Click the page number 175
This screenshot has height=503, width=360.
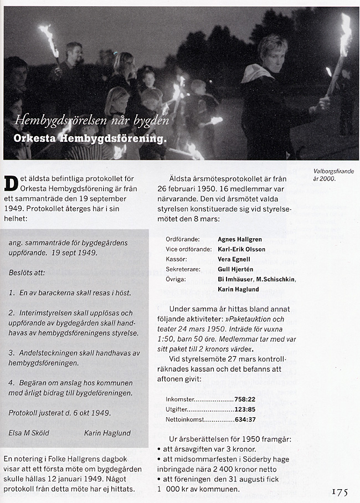click(340, 492)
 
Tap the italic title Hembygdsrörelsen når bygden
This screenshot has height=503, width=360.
click(91, 119)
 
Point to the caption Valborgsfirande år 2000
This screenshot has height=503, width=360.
click(333, 175)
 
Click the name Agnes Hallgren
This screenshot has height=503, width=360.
click(240, 239)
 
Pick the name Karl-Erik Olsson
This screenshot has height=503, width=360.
click(241, 249)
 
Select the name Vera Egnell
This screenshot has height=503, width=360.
click(234, 259)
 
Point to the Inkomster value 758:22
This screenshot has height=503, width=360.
click(244, 399)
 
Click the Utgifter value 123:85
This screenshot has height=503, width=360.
click(244, 409)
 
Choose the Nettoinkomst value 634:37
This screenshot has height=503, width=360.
click(244, 419)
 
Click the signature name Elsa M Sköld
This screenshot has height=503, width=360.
click(28, 433)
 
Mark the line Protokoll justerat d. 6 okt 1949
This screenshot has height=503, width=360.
click(60, 413)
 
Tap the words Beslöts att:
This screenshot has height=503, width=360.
click(27, 273)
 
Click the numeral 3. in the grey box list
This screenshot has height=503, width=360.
click(12, 352)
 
